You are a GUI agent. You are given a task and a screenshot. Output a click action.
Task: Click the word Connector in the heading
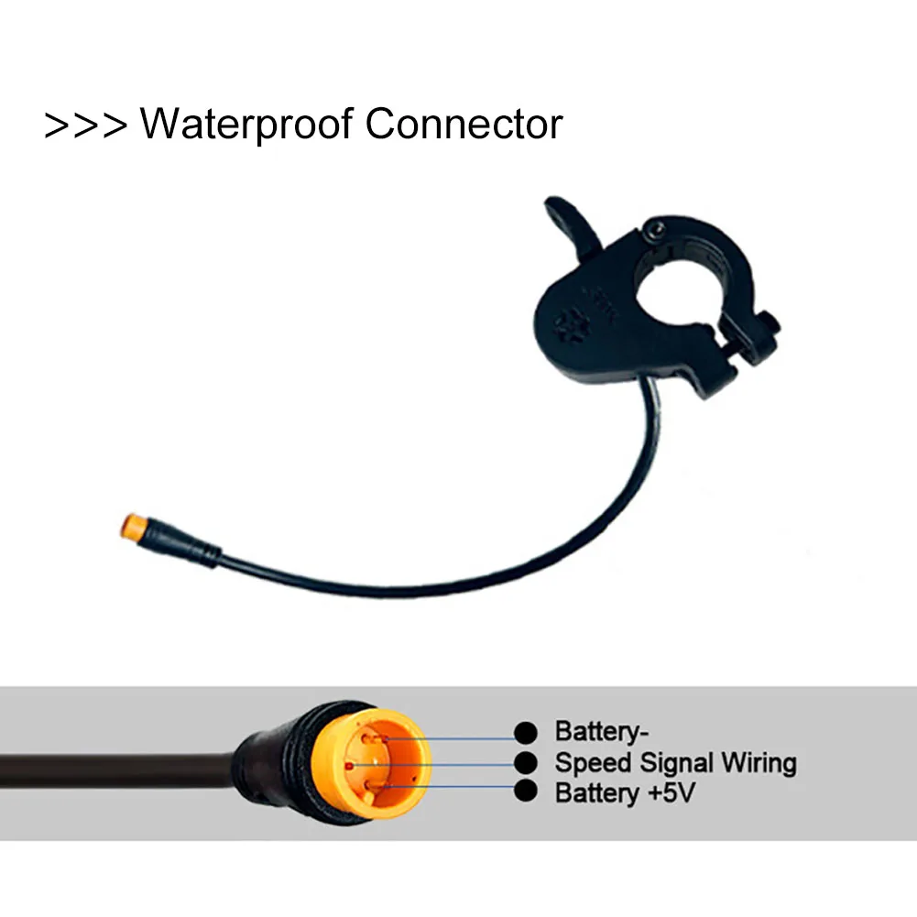(x=464, y=124)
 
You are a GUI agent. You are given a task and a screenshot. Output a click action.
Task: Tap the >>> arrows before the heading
(x=85, y=126)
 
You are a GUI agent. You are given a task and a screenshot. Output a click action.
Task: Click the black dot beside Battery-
(x=526, y=733)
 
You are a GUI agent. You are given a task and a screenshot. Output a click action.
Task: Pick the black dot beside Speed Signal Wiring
(x=526, y=763)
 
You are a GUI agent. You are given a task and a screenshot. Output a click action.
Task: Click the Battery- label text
(x=596, y=733)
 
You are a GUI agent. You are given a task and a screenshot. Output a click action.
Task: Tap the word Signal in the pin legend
(x=673, y=763)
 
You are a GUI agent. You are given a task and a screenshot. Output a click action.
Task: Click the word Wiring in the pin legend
(x=759, y=763)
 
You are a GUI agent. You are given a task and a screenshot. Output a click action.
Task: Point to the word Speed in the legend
(x=594, y=763)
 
